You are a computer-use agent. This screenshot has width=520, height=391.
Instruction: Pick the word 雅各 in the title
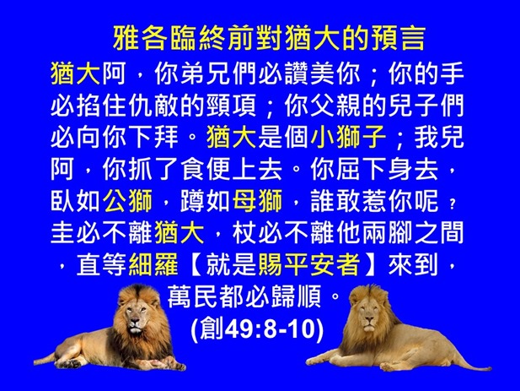[x=137, y=39]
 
